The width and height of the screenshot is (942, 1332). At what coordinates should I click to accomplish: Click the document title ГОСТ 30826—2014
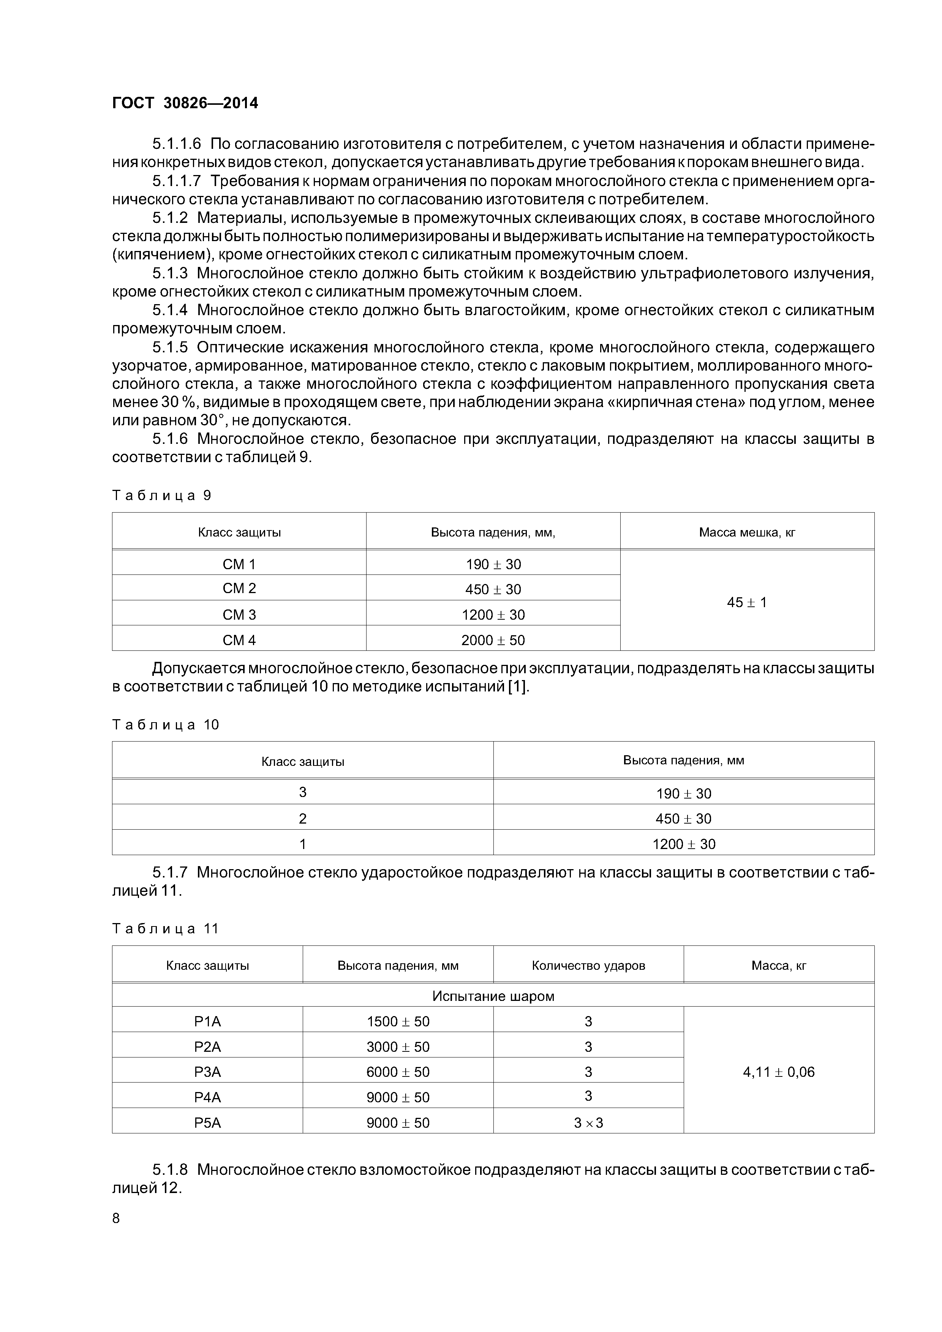(185, 103)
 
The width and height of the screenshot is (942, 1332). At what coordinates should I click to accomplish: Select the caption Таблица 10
(165, 724)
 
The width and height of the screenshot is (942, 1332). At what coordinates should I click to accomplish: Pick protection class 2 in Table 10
(302, 819)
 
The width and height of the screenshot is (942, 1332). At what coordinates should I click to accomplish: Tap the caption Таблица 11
(165, 929)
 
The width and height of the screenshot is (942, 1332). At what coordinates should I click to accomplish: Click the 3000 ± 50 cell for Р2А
(398, 1046)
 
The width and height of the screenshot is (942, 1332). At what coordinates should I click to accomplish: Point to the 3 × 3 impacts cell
(588, 1122)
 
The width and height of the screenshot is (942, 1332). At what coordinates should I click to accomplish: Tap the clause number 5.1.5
(170, 347)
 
